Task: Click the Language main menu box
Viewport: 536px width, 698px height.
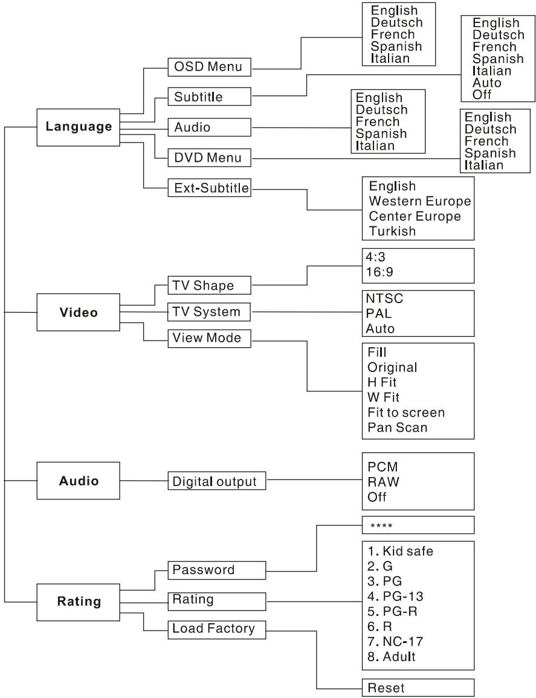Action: (79, 127)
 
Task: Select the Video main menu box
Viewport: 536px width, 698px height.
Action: (79, 313)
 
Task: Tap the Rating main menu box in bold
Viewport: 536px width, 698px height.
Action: (79, 602)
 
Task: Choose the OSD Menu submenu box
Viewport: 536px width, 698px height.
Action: (209, 66)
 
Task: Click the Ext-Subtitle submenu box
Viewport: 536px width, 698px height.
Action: (209, 188)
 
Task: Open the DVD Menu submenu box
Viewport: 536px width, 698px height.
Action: (209, 158)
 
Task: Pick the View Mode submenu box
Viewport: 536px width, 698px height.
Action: (209, 339)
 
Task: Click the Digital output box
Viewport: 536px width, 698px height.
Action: (216, 482)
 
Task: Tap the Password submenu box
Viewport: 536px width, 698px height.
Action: (216, 569)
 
